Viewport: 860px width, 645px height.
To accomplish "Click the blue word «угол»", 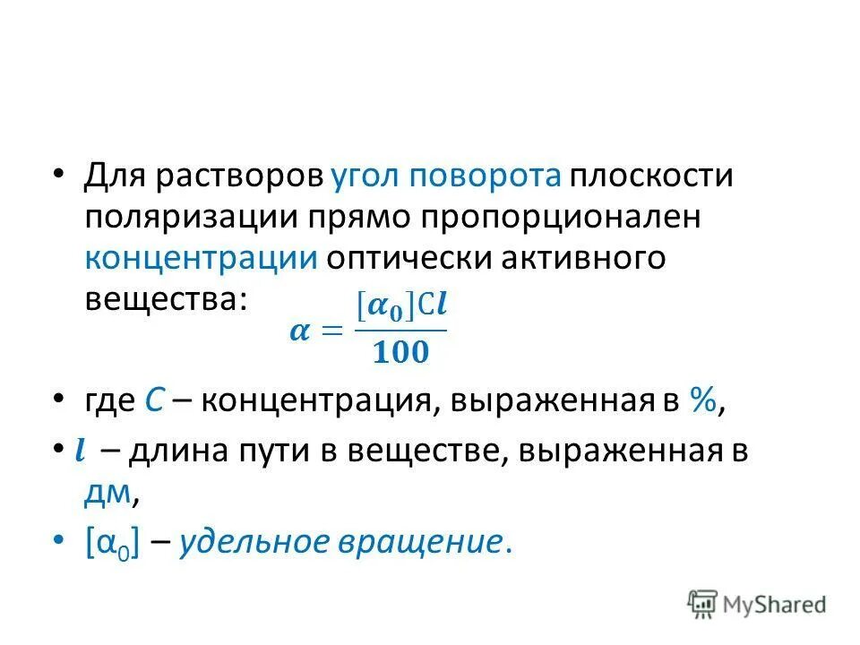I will [x=366, y=176].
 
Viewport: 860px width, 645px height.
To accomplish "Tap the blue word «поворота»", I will [x=486, y=176].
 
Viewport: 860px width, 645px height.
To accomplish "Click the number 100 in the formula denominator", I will [x=400, y=353].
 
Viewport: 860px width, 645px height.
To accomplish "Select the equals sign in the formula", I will [x=332, y=331].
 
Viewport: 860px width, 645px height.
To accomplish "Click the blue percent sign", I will [x=701, y=402].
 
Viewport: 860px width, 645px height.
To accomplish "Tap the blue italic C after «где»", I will [x=152, y=402].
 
